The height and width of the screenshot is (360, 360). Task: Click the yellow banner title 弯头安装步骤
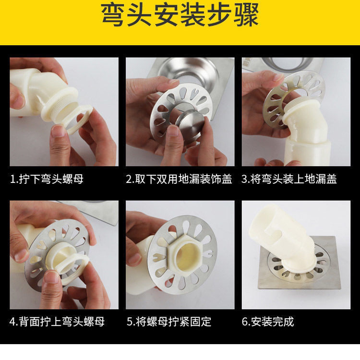tap(180, 16)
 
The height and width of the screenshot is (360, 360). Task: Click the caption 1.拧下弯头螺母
tap(47, 179)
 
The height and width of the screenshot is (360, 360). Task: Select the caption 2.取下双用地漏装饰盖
tap(179, 179)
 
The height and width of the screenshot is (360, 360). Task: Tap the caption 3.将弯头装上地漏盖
tap(289, 179)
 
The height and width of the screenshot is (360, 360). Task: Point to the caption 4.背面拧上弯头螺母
tap(57, 322)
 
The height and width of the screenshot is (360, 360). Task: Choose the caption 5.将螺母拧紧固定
tap(169, 322)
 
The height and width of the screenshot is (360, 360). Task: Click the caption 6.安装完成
tap(268, 322)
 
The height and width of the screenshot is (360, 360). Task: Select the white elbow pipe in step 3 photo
tap(303, 133)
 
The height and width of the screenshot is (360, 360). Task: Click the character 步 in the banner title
tap(219, 16)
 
